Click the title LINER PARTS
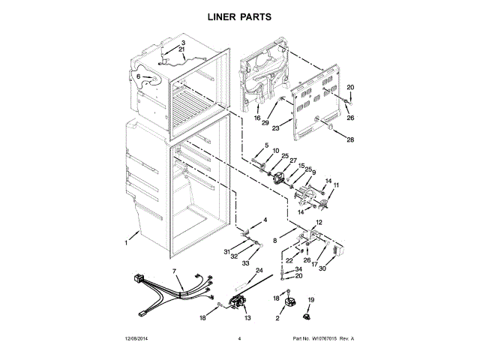point(239,16)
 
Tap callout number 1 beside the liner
point(127,241)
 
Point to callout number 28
point(349,139)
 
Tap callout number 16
point(256,118)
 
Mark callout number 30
point(322,268)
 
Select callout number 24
point(259,270)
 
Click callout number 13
point(247,318)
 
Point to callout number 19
point(311,300)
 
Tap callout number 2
point(277,319)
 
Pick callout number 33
point(244,264)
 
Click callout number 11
point(335,184)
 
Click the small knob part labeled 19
point(309,314)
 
